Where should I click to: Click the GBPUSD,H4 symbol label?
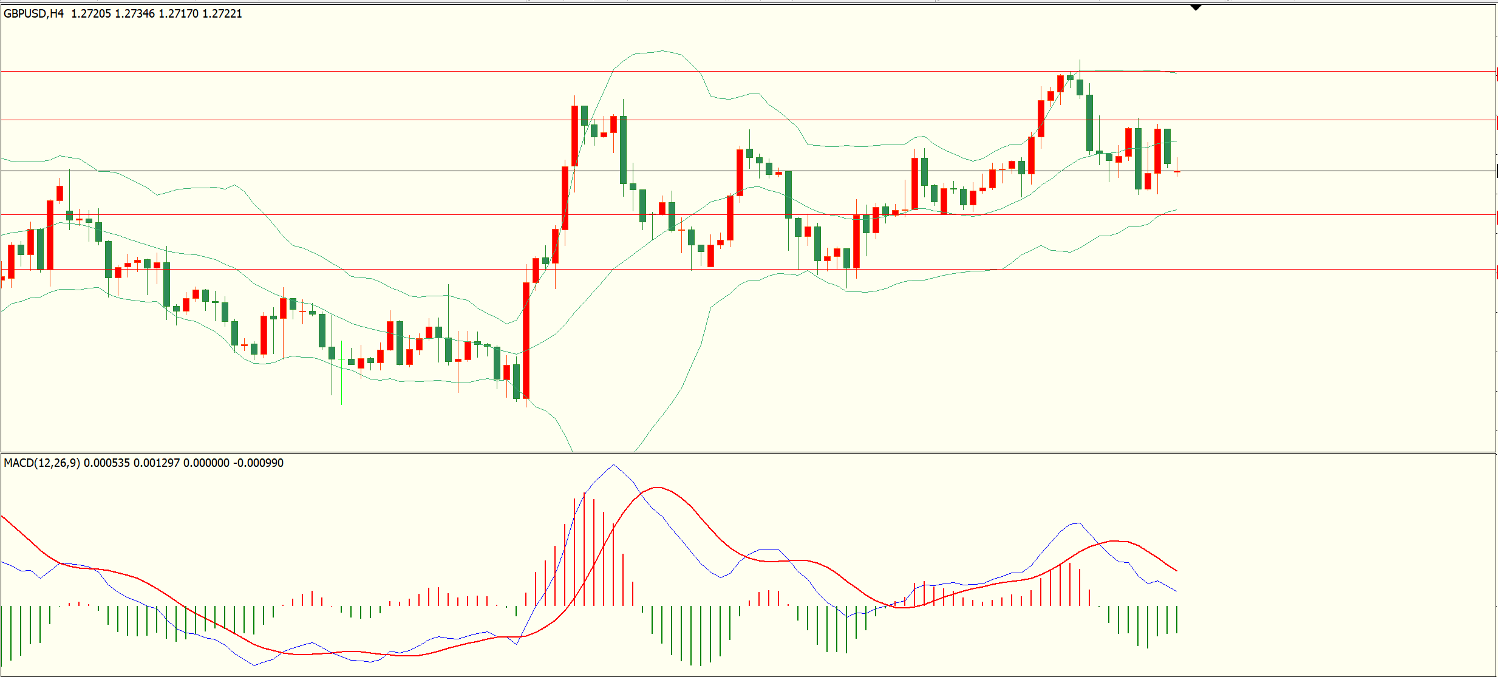33,13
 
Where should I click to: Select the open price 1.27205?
91,13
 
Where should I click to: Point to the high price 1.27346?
135,13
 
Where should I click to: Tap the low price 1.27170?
179,13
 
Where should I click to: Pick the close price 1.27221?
222,13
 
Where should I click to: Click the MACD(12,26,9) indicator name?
41,463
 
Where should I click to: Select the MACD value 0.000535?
107,463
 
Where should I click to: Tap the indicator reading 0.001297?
157,463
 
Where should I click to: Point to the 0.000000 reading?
206,463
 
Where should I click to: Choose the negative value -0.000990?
258,463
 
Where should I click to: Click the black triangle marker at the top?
1196,8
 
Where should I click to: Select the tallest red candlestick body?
526,340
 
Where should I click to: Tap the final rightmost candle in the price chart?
1177,172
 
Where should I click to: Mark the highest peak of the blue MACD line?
613,465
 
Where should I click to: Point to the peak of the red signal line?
657,488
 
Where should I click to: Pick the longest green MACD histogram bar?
701,635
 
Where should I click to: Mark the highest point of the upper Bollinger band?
662,51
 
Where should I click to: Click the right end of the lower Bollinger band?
1176,210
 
